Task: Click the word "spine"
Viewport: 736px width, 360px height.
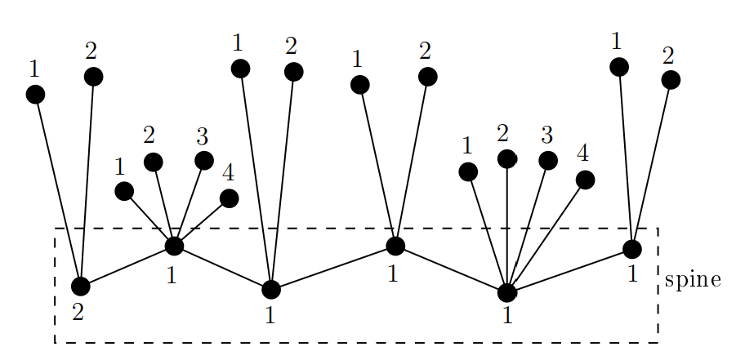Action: tap(693, 280)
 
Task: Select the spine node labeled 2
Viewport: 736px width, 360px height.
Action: tap(80, 287)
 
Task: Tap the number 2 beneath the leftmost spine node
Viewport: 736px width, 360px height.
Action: tap(78, 311)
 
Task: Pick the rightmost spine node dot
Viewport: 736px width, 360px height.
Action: tap(632, 249)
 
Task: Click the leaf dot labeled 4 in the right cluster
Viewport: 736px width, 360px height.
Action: tap(585, 180)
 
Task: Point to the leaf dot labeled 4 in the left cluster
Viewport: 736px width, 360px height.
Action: tap(230, 198)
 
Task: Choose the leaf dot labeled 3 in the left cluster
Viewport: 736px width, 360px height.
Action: tap(204, 160)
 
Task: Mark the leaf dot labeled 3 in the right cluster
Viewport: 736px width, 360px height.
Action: tap(548, 161)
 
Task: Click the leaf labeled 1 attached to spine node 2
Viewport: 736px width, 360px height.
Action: tap(35, 95)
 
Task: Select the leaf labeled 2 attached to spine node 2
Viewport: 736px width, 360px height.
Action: tap(93, 77)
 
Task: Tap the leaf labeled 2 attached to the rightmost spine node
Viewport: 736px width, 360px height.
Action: tap(671, 80)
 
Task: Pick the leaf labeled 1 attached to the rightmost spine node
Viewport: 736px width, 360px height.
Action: tap(619, 67)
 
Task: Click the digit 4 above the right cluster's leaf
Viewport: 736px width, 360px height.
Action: tap(582, 153)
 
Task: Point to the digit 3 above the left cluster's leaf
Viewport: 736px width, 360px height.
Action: tap(202, 136)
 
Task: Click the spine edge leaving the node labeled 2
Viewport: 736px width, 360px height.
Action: tap(127, 266)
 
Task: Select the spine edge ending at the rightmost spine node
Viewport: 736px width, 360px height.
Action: tap(569, 270)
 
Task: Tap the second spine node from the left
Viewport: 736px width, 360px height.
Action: tap(174, 245)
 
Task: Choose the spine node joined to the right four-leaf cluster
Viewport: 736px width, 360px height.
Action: tap(507, 292)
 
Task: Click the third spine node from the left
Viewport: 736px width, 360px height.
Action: tap(271, 289)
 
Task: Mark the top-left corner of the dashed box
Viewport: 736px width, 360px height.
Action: tap(56, 229)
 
